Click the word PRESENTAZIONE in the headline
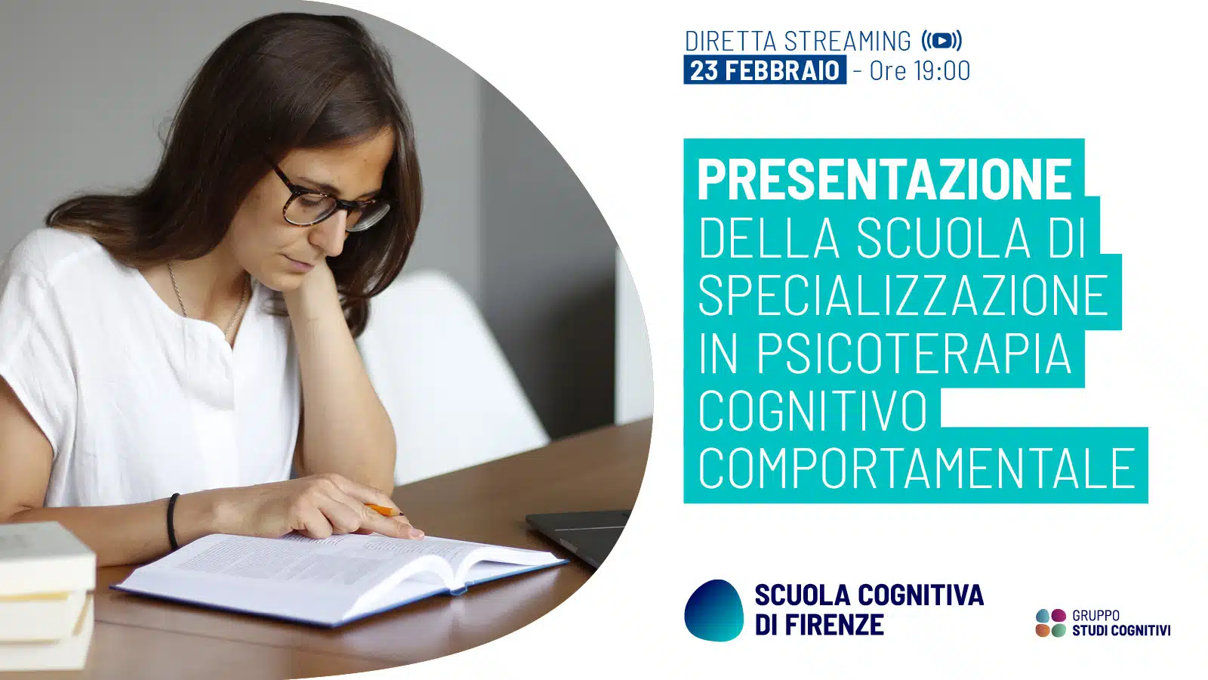[884, 179]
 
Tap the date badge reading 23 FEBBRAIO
[765, 70]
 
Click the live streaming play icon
[941, 41]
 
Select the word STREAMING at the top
[847, 41]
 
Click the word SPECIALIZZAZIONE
[903, 295]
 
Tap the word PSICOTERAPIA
[914, 353]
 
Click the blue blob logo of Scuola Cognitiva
[714, 610]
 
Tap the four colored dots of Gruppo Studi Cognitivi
[1051, 623]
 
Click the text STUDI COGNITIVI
[1121, 630]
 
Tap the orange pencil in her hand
[384, 509]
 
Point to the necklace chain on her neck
[208, 302]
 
